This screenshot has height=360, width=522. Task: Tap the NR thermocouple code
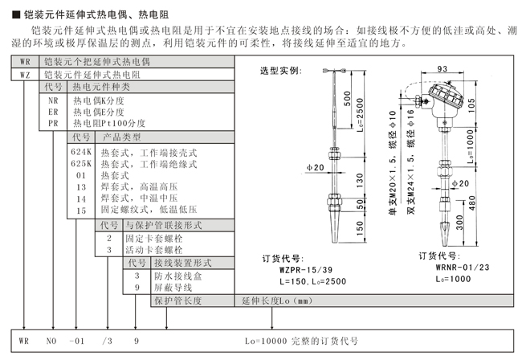(53, 100)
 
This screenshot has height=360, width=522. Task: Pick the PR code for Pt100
(53, 124)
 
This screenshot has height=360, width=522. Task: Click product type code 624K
(82, 152)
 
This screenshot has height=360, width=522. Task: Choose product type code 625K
(82, 163)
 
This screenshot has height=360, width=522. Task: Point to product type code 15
(80, 210)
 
